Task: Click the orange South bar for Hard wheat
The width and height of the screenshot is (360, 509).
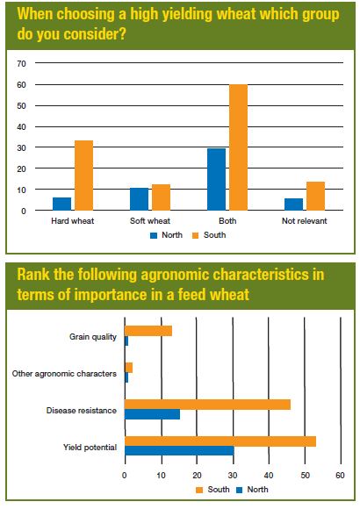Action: pos(83,176)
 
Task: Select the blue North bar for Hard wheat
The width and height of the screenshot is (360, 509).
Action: pos(61,204)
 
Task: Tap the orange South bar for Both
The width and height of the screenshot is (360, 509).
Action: pos(239,147)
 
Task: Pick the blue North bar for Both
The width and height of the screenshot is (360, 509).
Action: pos(216,180)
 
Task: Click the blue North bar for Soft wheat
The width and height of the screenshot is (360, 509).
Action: pos(139,199)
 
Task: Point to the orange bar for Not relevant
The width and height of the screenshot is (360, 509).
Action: pos(315,196)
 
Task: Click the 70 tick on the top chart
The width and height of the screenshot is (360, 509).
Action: pos(21,63)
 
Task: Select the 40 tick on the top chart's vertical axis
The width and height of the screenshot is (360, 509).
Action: pos(21,127)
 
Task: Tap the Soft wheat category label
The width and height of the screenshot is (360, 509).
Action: pos(150,221)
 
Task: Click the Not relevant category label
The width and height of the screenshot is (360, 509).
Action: pos(304,221)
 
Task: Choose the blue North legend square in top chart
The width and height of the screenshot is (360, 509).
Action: pos(154,236)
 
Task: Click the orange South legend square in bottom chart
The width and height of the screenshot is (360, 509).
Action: pos(199,490)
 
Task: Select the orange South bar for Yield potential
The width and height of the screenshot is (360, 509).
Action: pos(220,441)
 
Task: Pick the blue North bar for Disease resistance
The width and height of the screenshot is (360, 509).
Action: pos(153,414)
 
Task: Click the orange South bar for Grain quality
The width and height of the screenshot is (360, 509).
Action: pos(148,331)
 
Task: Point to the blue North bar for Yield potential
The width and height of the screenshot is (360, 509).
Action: pos(179,450)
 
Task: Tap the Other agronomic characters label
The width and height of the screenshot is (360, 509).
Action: pos(64,374)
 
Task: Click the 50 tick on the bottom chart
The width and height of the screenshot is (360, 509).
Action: pos(305,476)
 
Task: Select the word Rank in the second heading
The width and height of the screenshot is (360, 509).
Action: pos(33,275)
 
